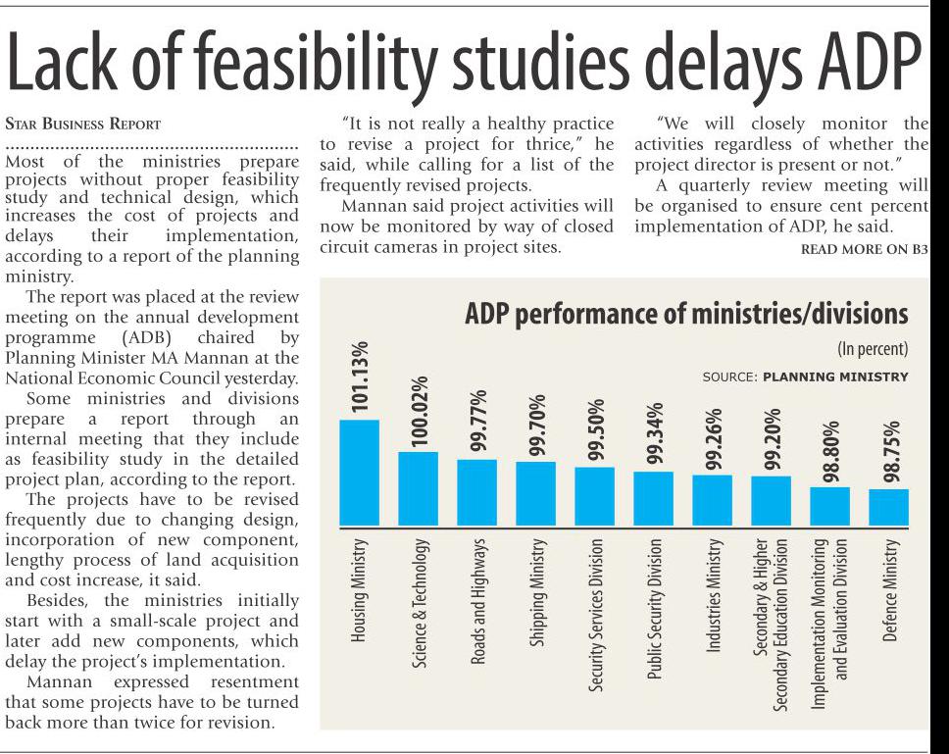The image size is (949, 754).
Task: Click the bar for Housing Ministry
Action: click(359, 473)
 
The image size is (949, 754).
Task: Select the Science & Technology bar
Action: click(418, 488)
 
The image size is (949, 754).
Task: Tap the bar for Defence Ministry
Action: click(888, 507)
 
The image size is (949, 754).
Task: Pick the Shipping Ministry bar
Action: click(535, 493)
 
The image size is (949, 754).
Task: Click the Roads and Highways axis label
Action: click(478, 600)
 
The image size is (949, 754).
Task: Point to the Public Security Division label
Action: click(655, 609)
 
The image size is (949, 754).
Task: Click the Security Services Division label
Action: click(595, 615)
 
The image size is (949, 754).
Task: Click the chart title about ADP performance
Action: click(686, 315)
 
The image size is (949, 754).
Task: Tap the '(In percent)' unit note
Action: click(872, 349)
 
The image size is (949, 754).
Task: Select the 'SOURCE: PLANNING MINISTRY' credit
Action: click(805, 377)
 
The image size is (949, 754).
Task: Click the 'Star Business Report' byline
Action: click(82, 125)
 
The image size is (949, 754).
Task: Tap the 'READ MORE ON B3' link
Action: click(864, 249)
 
